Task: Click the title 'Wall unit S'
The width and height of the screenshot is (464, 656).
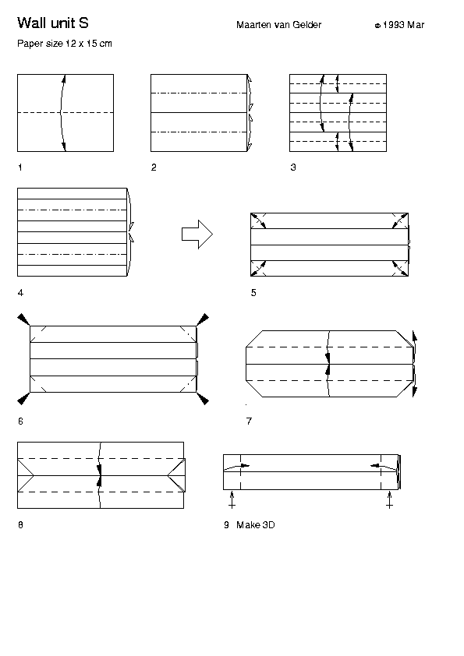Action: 53,23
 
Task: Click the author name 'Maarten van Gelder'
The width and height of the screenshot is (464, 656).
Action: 279,25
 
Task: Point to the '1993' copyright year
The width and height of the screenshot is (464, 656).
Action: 393,25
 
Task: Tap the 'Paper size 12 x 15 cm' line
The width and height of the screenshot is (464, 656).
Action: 65,44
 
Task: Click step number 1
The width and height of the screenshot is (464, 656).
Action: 20,168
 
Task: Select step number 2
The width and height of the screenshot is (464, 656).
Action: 154,168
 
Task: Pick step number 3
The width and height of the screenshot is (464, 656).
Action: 293,168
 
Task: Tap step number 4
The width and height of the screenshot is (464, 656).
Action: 20,293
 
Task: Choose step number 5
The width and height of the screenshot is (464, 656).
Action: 253,293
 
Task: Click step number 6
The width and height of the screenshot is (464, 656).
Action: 20,421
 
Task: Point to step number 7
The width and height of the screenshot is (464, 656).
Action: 250,421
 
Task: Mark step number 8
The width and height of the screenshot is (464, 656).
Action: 20,524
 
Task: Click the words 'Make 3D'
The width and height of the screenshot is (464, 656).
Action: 256,524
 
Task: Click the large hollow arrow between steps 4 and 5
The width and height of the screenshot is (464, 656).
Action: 197,235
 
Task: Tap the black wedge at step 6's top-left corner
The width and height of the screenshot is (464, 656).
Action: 23,319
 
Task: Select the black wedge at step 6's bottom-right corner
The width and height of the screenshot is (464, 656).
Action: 203,399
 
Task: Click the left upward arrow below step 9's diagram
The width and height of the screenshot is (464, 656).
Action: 232,500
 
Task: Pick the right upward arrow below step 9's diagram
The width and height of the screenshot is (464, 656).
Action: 389,500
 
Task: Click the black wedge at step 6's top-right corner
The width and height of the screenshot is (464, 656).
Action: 203,319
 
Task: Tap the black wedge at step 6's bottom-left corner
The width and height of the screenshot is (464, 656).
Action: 23,399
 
